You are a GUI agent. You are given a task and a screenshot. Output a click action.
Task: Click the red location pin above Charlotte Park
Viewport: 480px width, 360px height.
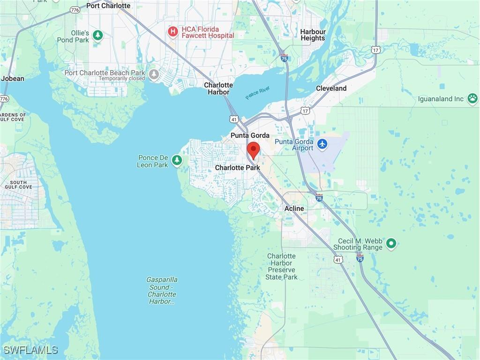coord(253,150)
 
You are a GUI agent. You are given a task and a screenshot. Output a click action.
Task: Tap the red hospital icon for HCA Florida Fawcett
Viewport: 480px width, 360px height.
coord(173,32)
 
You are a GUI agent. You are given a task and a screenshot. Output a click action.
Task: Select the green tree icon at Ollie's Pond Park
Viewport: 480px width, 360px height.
coord(97,36)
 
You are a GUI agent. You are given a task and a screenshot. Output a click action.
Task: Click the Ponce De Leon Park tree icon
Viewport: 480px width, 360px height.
coord(177,161)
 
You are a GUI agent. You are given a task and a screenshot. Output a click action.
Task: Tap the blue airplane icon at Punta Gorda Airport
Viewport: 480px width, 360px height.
coord(322,144)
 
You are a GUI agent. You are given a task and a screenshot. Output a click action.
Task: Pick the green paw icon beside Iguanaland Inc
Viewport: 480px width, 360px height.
coord(472,98)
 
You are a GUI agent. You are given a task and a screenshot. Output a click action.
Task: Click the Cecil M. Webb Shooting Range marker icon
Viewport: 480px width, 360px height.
coord(391,243)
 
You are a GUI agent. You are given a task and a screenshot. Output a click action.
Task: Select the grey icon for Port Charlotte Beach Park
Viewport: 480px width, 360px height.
coord(154,74)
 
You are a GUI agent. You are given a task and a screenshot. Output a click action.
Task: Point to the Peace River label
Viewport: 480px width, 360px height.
coord(258,93)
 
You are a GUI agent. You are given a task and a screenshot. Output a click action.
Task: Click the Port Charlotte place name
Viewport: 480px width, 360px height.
coord(108,6)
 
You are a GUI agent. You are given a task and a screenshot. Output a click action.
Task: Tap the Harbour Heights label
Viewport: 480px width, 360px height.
coord(313,35)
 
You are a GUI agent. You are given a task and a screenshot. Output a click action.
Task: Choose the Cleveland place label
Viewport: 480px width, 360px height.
coord(331,88)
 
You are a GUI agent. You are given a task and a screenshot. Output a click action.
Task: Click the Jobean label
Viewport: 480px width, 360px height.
coord(13,79)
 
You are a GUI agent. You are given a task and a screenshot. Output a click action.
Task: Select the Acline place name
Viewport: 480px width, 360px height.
coord(294,209)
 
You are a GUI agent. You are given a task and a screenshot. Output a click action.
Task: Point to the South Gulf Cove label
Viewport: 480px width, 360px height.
coord(21,184)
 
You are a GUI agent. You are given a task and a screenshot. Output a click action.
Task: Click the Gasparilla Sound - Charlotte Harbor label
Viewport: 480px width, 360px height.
coord(162,291)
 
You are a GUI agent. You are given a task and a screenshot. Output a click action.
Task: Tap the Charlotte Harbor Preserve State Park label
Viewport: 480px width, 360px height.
coord(281,266)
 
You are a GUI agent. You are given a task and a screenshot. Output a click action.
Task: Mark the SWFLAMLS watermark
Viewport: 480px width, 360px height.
coord(30,350)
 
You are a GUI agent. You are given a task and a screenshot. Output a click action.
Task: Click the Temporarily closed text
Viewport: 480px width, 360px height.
coord(121,79)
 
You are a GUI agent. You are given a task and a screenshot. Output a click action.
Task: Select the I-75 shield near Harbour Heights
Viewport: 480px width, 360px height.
coord(284,58)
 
